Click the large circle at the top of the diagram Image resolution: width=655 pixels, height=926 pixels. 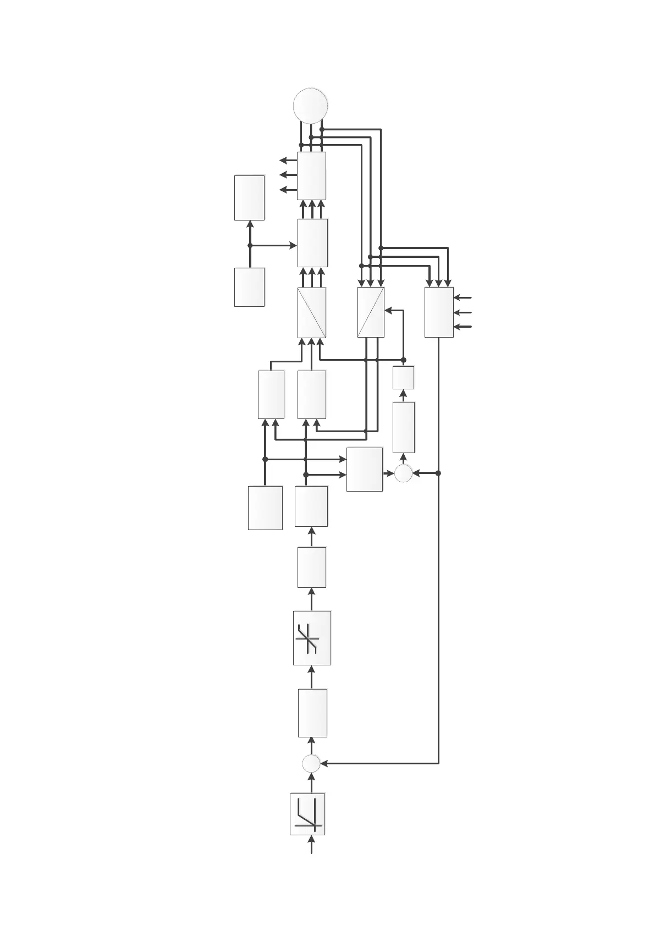pyautogui.click(x=311, y=106)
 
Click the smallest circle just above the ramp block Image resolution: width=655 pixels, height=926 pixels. pyautogui.click(x=311, y=763)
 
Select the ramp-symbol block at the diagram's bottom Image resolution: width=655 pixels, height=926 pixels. pyautogui.click(x=307, y=822)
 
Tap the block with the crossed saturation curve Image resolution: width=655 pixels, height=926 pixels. pyautogui.click(x=312, y=638)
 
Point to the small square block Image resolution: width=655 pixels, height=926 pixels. pyautogui.click(x=403, y=377)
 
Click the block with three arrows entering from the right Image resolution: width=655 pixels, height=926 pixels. pyautogui.click(x=439, y=312)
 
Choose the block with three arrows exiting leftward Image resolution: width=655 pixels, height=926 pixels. pyautogui.click(x=311, y=175)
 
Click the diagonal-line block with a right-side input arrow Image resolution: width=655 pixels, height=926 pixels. pyautogui.click(x=371, y=312)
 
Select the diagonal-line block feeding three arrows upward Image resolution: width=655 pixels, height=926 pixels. pyautogui.click(x=311, y=312)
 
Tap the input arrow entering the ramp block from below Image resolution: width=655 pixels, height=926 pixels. pyautogui.click(x=312, y=861)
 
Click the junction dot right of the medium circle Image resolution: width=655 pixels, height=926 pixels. pyautogui.click(x=438, y=473)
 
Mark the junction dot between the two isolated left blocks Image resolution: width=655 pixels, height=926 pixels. pyautogui.click(x=250, y=245)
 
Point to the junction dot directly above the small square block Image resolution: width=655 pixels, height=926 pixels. pyautogui.click(x=403, y=360)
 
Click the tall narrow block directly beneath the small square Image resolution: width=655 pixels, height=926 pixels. pyautogui.click(x=404, y=427)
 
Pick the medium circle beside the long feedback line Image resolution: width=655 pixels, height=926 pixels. pyautogui.click(x=403, y=473)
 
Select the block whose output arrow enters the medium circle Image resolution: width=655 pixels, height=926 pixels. pyautogui.click(x=364, y=469)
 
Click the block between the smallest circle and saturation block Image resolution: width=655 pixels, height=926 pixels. pyautogui.click(x=312, y=713)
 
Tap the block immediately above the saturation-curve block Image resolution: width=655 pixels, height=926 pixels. pyautogui.click(x=311, y=567)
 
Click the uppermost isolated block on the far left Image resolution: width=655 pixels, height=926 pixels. pyautogui.click(x=249, y=197)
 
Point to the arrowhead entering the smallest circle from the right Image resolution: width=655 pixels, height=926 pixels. pyautogui.click(x=324, y=763)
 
